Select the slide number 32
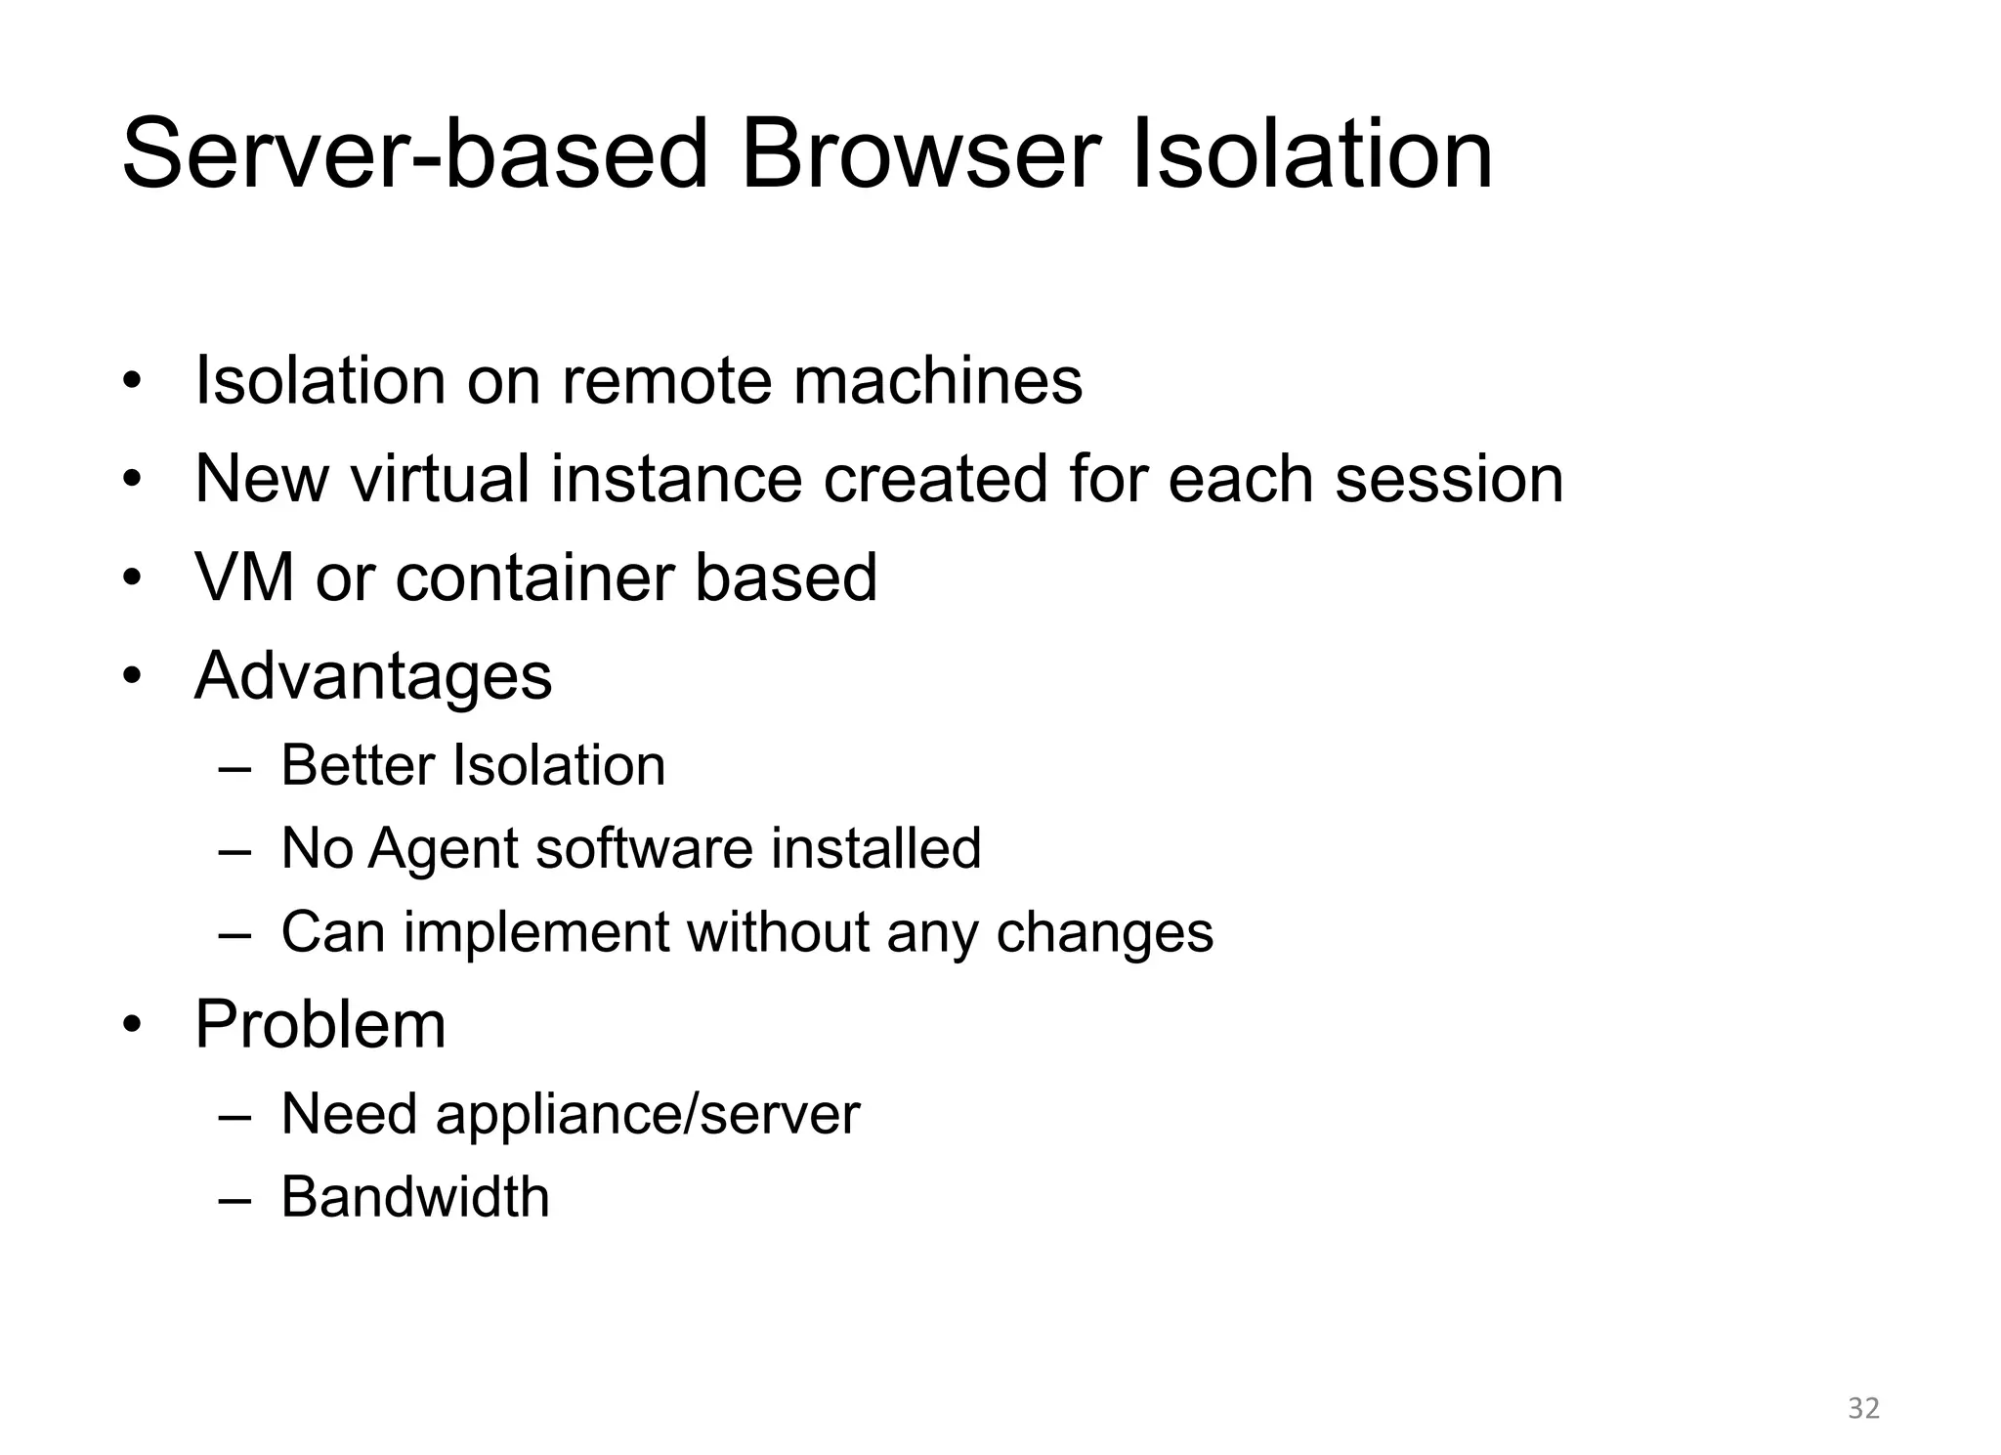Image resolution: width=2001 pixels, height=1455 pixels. [1863, 1408]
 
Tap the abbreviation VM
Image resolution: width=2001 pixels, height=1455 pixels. [244, 578]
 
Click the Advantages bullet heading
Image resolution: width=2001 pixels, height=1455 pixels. [373, 676]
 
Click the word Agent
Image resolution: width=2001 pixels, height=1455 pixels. [443, 849]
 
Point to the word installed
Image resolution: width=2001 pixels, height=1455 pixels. [875, 848]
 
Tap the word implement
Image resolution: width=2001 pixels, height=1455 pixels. [535, 932]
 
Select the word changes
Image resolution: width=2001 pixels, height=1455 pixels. [1104, 932]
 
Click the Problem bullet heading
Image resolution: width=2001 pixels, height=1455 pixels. [320, 1025]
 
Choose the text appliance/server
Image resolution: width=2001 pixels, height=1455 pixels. [648, 1114]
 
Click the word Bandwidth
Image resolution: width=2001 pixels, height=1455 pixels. [415, 1197]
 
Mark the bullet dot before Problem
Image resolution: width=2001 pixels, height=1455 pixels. [133, 1026]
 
